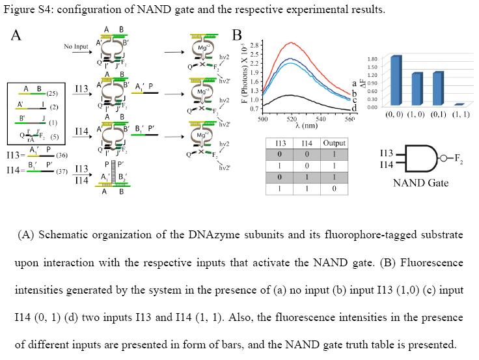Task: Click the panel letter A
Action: pyautogui.click(x=16, y=35)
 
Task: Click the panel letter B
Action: pyautogui.click(x=237, y=35)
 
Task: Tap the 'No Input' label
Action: pyautogui.click(x=76, y=47)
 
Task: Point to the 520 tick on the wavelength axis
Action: pyautogui.click(x=291, y=120)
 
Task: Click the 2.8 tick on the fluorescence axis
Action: pyautogui.click(x=256, y=44)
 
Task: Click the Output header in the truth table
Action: pyautogui.click(x=335, y=143)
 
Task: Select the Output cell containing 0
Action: pyautogui.click(x=335, y=188)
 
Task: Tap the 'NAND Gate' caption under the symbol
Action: pyautogui.click(x=420, y=183)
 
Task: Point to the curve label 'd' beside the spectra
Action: pyautogui.click(x=353, y=107)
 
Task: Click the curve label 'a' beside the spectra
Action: pyautogui.click(x=353, y=83)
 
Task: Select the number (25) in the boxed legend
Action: pyautogui.click(x=52, y=94)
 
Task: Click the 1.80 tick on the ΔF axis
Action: pyautogui.click(x=373, y=59)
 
